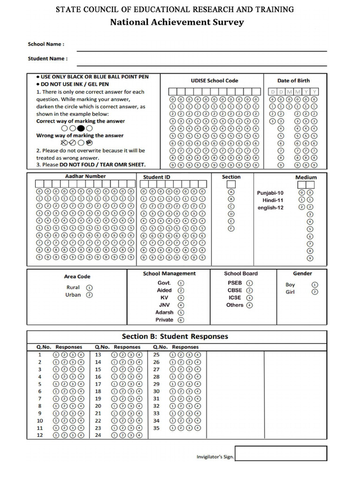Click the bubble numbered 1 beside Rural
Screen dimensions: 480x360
pyautogui.click(x=90, y=288)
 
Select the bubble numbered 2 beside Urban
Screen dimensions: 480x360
pyautogui.click(x=90, y=295)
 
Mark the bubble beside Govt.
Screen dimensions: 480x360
pyautogui.click(x=181, y=283)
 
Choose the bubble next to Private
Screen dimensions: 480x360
pyautogui.click(x=181, y=320)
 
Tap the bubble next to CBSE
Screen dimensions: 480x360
pyautogui.click(x=249, y=290)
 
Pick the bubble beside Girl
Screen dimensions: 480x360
pyautogui.click(x=315, y=292)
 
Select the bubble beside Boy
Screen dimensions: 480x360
pyautogui.click(x=315, y=285)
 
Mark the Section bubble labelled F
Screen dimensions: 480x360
pyautogui.click(x=231, y=228)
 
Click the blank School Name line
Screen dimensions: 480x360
pyautogui.click(x=202, y=47)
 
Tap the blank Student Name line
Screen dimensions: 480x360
pyautogui.click(x=202, y=62)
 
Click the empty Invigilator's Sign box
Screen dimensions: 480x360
pyautogui.click(x=281, y=453)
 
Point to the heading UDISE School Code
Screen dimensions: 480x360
pyautogui.click(x=214, y=81)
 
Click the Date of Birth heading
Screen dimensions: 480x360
pyautogui.click(x=293, y=81)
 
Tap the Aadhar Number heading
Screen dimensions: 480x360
pyautogui.click(x=85, y=176)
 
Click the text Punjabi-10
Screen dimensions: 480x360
pyautogui.click(x=270, y=193)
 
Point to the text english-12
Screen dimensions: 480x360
pyautogui.click(x=270, y=208)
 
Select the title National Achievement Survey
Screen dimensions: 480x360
pyautogui.click(x=177, y=22)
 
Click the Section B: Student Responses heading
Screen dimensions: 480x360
pyautogui.click(x=175, y=337)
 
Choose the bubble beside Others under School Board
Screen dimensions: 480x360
pyautogui.click(x=249, y=305)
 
